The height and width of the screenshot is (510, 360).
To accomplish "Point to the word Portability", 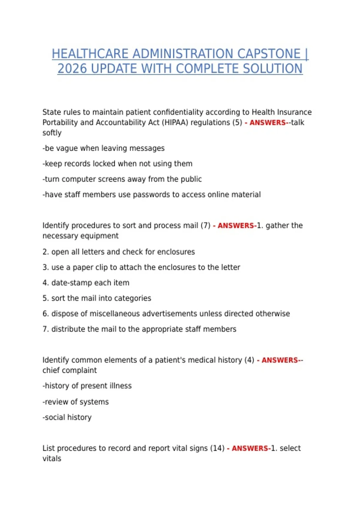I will [60, 123].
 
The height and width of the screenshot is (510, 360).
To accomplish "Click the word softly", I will [52, 133].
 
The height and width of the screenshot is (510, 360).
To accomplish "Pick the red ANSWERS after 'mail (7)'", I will [236, 226].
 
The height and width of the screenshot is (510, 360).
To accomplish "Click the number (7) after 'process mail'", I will [205, 226].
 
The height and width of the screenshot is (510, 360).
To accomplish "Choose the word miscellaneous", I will [114, 314].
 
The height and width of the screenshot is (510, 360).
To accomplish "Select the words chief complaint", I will [70, 370].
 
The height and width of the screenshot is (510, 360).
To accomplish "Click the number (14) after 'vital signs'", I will [217, 448].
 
